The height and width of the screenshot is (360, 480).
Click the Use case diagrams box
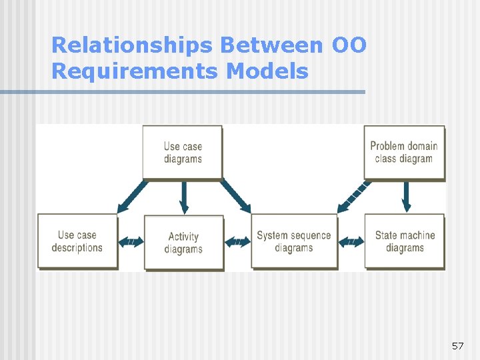point(183,152)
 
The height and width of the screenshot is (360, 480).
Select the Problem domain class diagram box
point(404,152)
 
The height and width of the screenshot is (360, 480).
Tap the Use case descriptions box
point(77,241)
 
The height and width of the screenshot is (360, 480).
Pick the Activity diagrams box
point(183,243)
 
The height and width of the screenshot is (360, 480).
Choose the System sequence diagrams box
point(293,241)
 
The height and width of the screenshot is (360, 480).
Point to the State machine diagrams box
point(404,241)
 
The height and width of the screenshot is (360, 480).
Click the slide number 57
point(457,346)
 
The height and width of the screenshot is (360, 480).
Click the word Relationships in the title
point(132,45)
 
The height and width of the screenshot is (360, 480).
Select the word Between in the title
point(273,45)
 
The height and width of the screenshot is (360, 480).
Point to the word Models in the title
point(267,71)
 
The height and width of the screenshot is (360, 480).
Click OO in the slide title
point(349,45)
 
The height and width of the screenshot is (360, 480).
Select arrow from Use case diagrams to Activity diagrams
point(184,197)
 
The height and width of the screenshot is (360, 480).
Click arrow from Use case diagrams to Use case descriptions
point(133,196)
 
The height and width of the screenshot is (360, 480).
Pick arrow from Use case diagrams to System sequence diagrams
point(235,196)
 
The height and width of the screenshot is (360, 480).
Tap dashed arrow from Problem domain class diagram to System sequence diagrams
point(353,196)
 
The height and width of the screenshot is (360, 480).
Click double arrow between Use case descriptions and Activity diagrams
point(131,242)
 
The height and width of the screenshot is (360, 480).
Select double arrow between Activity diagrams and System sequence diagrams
point(237,242)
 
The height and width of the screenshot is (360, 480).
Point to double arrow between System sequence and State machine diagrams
point(351,242)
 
